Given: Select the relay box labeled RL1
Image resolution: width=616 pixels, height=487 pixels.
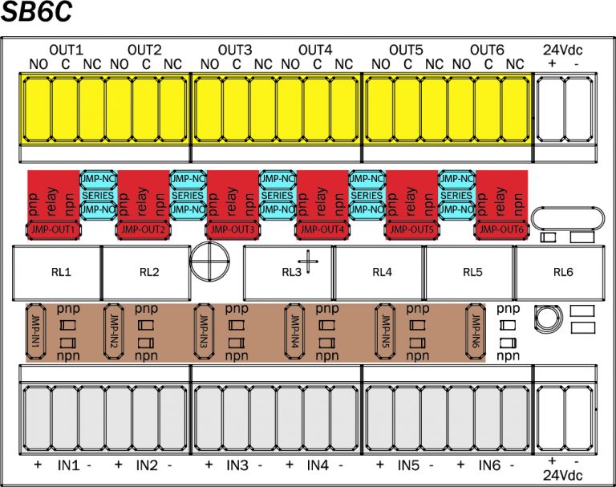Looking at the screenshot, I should tap(58, 272).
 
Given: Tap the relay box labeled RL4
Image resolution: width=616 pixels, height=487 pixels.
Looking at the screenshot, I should tap(382, 272).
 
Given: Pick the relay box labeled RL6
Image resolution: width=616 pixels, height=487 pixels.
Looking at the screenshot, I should tap(563, 272).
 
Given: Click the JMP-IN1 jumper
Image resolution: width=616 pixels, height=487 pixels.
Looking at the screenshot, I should tap(35, 331).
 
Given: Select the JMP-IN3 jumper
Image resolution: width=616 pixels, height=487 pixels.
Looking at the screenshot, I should tap(205, 331).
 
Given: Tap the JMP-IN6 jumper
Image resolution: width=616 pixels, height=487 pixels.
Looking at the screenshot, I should tap(476, 331).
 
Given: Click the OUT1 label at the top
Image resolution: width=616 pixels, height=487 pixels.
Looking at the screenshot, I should tap(67, 50).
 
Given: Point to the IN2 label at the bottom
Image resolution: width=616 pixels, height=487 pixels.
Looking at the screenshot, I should tap(146, 465).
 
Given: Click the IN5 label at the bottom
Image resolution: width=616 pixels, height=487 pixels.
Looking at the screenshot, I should tap(408, 465).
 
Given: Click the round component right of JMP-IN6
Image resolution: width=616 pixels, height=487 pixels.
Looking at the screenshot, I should tap(549, 317).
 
